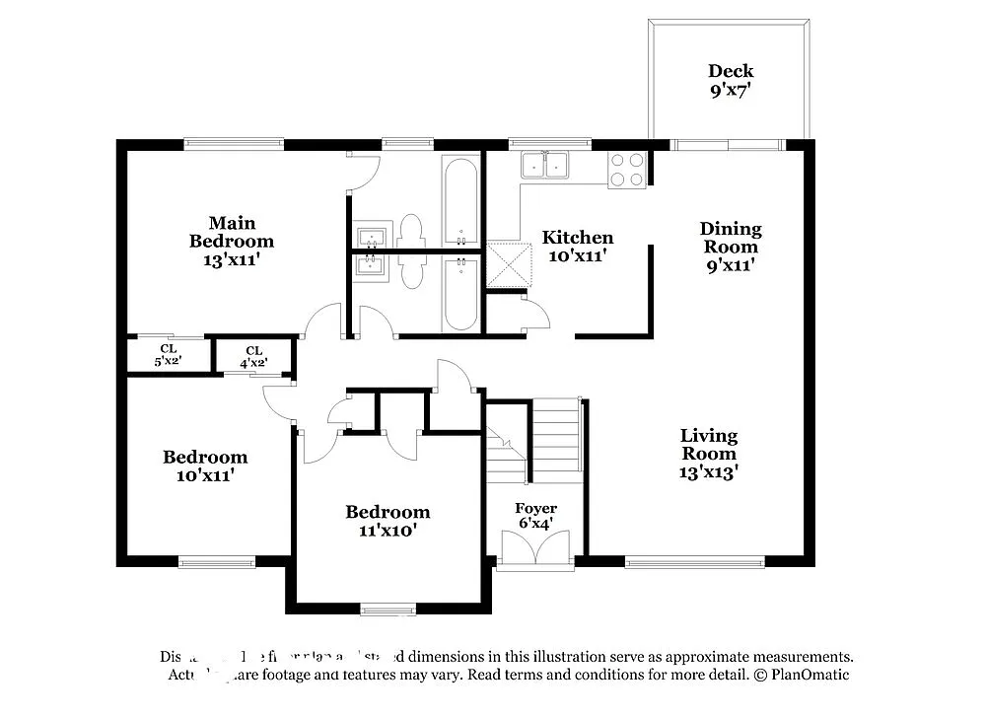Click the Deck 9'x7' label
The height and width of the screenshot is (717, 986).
pos(731,80)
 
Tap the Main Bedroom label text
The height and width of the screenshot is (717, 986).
pos(232,242)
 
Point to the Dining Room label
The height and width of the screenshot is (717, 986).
pos(731,247)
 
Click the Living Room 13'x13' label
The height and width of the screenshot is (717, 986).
pos(709,454)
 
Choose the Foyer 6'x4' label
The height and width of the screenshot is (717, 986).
pos(535,515)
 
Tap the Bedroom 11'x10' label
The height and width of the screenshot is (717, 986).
pos(387,521)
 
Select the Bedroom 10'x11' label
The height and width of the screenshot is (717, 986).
pos(205,466)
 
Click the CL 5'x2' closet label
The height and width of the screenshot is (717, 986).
pos(169,355)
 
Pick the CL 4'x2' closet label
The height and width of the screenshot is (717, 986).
pos(254,357)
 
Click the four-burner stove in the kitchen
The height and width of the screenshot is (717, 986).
pos(627,170)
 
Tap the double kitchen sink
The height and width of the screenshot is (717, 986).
pos(545,165)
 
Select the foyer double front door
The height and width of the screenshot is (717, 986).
pos(535,548)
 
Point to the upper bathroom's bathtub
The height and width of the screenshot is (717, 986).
pos(460,200)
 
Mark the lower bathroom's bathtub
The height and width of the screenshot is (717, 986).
pos(460,293)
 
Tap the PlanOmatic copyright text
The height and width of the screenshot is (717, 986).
pos(802,675)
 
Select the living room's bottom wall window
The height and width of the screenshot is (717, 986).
pos(695,563)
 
